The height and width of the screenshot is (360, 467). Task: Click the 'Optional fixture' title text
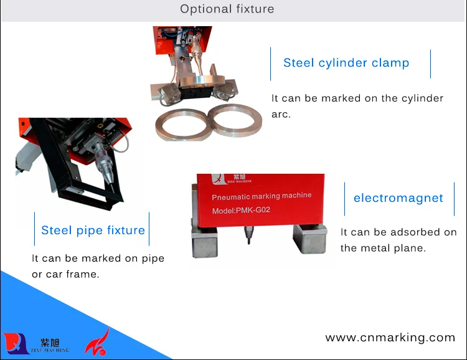click(x=227, y=9)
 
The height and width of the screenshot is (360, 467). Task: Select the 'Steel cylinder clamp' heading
click(x=346, y=63)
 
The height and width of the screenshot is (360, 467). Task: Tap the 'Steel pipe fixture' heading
click(x=93, y=230)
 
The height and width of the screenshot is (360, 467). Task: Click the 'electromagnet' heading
click(x=399, y=198)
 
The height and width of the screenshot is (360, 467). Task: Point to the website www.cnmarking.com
click(x=390, y=338)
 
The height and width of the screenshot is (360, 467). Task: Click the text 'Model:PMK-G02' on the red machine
click(x=241, y=211)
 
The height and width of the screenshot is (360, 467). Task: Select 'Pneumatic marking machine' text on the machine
click(x=262, y=196)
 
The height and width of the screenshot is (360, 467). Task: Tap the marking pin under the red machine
click(x=248, y=235)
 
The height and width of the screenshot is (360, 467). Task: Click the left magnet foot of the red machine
click(x=204, y=242)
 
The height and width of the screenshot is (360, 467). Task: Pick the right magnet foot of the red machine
click(x=309, y=239)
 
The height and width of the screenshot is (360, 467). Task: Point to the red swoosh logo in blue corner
click(x=97, y=342)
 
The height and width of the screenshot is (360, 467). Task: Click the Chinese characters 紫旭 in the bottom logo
click(x=50, y=343)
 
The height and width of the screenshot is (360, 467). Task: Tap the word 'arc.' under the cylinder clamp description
click(x=281, y=115)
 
